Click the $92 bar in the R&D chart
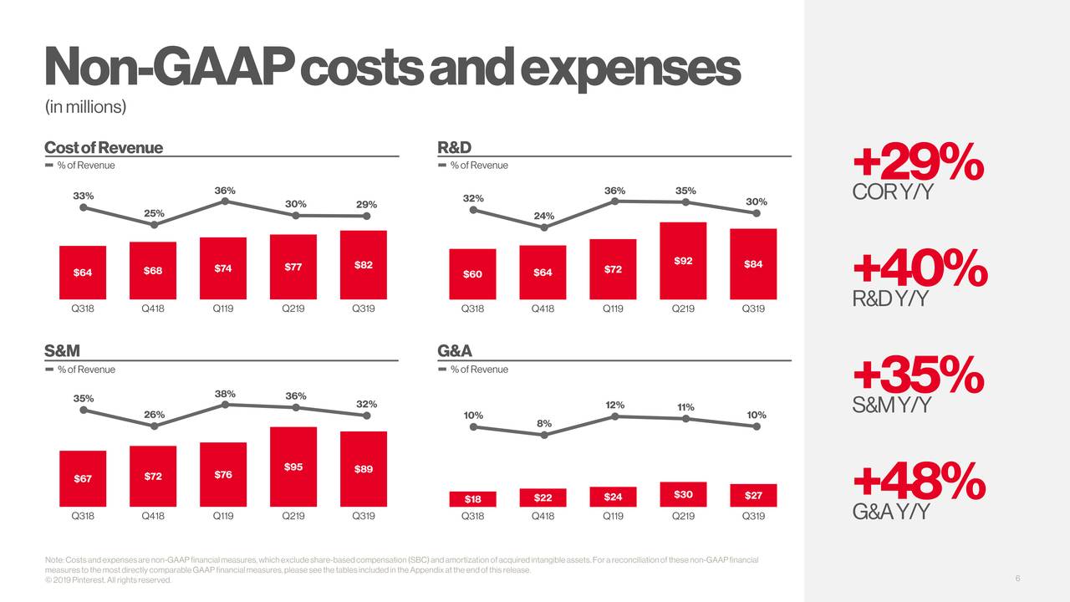click(x=683, y=261)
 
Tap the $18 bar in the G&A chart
click(x=472, y=499)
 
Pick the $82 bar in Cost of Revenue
click(x=364, y=264)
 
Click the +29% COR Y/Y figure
click(x=917, y=162)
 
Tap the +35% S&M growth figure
click(x=917, y=375)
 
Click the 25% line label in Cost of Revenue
click(x=154, y=213)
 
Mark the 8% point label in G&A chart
click(x=544, y=423)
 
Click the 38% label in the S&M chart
click(x=225, y=393)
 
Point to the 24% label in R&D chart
click(x=544, y=217)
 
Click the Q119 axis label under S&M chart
click(x=223, y=516)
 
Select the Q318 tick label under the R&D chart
click(x=472, y=308)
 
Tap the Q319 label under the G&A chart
click(x=753, y=516)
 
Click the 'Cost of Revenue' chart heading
click(x=104, y=148)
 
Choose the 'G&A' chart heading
click(x=455, y=352)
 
